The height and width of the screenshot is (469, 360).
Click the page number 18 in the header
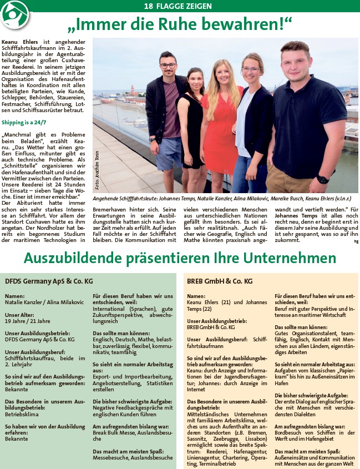(148, 6)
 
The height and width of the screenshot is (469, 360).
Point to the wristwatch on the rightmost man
(322, 179)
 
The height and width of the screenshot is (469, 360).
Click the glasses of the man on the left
(168, 66)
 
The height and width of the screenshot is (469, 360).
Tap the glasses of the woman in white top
(251, 70)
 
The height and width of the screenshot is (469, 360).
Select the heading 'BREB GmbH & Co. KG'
(217, 281)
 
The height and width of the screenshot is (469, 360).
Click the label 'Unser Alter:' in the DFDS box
(20, 315)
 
